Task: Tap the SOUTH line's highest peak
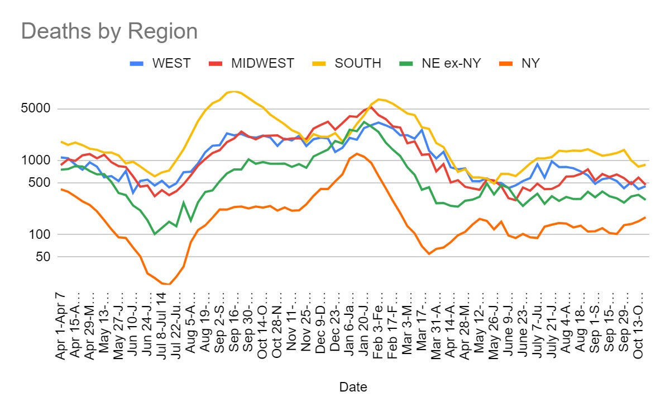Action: tap(233, 91)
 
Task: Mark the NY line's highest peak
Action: tap(357, 153)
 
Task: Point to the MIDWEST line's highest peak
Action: tap(371, 107)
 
